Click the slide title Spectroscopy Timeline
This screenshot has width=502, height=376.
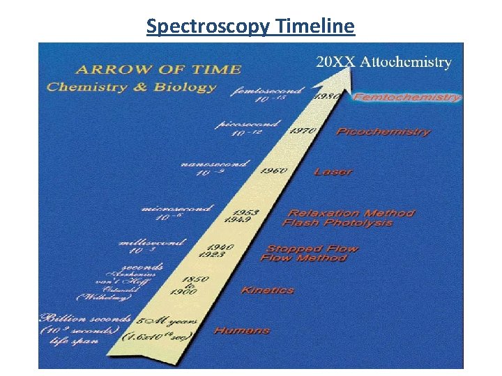point(250,26)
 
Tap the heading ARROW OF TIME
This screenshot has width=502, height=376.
point(158,69)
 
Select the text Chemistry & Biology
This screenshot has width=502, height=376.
point(131,87)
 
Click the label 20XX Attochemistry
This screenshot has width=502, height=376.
point(383,61)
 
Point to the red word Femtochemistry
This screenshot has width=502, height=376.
point(407,97)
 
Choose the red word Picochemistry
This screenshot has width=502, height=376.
point(383,132)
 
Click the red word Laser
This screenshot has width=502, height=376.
point(333,171)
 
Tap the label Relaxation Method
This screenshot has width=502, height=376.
point(351,213)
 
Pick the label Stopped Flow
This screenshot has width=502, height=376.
point(312,249)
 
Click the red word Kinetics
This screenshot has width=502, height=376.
point(267,290)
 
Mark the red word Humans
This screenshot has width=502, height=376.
point(241,330)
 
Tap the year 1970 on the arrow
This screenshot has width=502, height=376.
point(303,131)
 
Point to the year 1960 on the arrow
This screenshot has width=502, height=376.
point(273,171)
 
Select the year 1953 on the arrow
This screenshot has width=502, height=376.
point(245,212)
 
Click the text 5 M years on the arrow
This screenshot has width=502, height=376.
point(167,322)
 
